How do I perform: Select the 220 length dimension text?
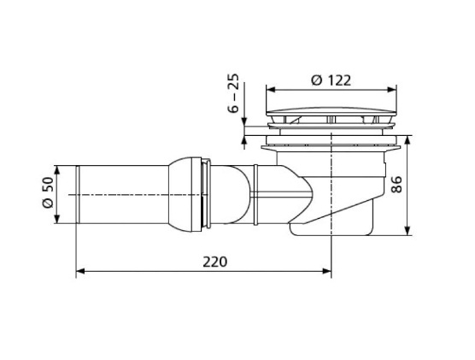[x=216, y=261]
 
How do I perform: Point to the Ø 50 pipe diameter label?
[x=47, y=194]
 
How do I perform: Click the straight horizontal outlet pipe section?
[x=120, y=194]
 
